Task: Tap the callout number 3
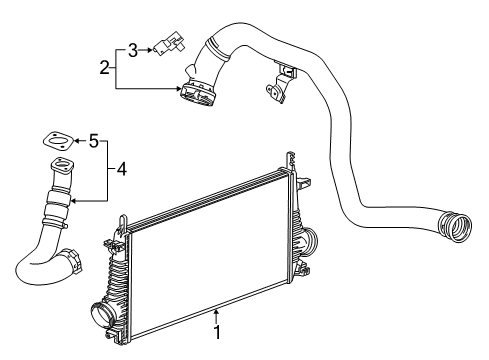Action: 132,48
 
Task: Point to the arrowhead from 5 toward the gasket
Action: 75,141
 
